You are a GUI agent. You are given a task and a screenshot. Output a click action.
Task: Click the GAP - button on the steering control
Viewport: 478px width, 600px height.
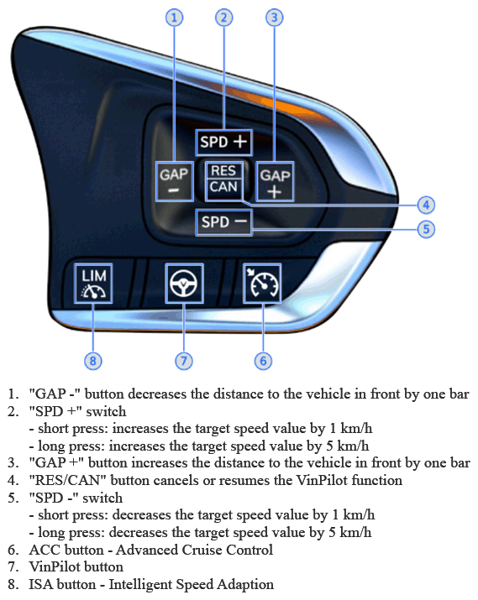[x=174, y=181]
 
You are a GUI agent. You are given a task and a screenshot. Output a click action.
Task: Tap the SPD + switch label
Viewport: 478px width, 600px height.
[x=223, y=143]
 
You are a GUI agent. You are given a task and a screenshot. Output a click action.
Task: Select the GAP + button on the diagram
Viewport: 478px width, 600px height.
[x=275, y=181]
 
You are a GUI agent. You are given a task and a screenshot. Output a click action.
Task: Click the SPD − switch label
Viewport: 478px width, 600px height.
[x=223, y=222]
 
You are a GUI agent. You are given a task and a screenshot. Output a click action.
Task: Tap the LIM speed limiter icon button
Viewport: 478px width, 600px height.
[x=93, y=283]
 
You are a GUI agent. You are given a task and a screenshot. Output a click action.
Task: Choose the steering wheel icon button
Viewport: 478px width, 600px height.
[x=184, y=283]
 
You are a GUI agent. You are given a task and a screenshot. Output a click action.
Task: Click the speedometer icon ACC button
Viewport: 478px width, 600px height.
[x=262, y=283]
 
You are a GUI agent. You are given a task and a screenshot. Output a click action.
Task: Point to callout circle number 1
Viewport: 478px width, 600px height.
[x=174, y=18]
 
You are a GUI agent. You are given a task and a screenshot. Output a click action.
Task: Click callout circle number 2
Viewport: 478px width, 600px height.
[x=224, y=18]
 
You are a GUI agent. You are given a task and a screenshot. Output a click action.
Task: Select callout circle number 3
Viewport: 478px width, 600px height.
[x=274, y=18]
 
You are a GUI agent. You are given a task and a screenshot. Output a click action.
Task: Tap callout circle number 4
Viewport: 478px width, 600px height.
[x=426, y=205]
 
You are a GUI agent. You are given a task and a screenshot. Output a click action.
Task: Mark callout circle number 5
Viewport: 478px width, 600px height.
[x=426, y=229]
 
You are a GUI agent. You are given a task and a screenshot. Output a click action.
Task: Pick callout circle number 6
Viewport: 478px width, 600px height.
[x=263, y=361]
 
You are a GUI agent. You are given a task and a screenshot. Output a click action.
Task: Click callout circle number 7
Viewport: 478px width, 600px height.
[x=184, y=361]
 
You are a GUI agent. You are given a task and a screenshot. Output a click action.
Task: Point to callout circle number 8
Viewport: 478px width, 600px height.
[x=93, y=361]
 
